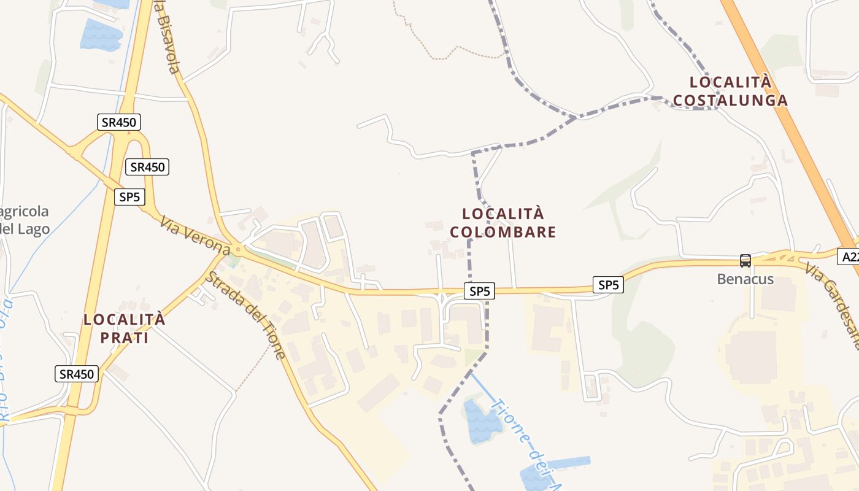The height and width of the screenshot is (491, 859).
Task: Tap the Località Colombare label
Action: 503,223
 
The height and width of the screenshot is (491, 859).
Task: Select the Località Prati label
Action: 125,328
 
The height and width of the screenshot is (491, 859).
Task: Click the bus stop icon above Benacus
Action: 745,261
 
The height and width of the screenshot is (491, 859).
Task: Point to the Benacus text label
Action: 745,279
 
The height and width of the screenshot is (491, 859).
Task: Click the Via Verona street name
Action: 195,234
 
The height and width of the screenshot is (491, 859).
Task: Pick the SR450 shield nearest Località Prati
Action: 77,374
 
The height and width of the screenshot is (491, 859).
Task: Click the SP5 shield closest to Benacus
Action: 608,285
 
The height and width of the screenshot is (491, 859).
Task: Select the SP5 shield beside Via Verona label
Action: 129,197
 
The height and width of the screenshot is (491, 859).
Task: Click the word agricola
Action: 25,212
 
